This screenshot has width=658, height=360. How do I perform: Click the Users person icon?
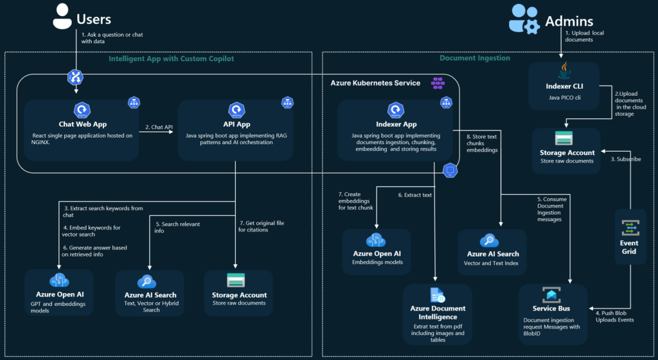(62, 18)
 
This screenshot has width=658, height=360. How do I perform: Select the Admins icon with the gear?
(523, 19)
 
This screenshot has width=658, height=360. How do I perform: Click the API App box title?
(236, 124)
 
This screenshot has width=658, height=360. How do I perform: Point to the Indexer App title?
(395, 124)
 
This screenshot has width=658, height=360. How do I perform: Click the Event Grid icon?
(629, 228)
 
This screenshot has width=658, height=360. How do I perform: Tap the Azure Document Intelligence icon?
(438, 295)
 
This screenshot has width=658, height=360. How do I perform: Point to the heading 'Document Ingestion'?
(475, 59)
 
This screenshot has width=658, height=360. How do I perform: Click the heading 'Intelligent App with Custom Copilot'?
(171, 59)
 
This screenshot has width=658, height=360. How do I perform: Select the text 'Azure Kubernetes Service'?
(375, 83)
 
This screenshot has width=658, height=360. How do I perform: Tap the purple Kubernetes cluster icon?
(438, 82)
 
